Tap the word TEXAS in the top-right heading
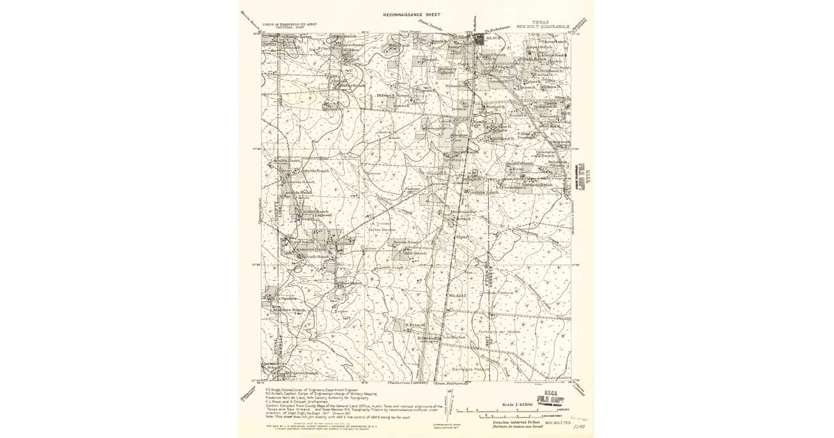[x=539, y=22]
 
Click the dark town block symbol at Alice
[x=480, y=41]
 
